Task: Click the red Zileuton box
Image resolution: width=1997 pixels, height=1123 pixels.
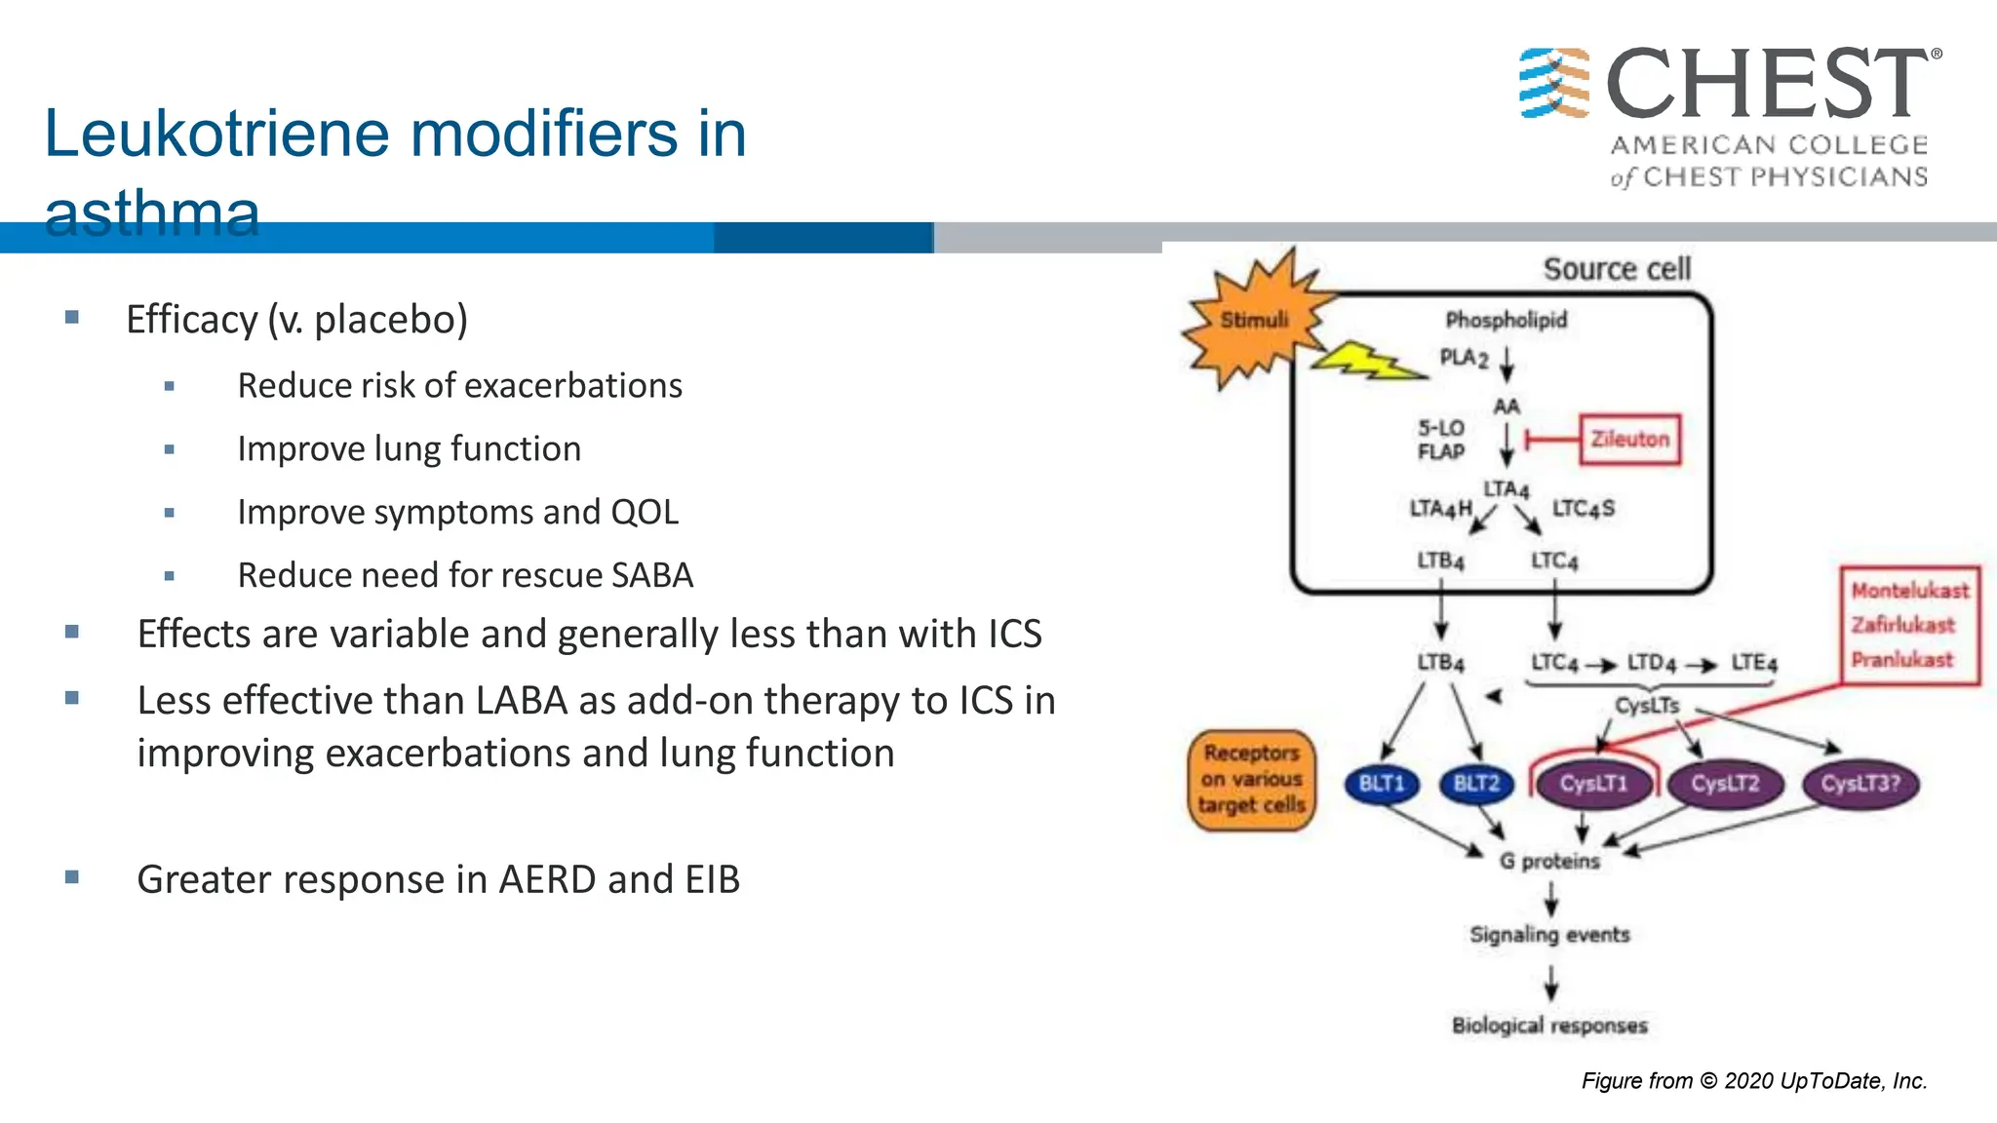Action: (x=1629, y=440)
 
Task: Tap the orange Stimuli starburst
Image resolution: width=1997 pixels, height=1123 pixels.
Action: (x=1253, y=320)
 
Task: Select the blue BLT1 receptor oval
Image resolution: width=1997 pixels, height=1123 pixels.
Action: (x=1381, y=784)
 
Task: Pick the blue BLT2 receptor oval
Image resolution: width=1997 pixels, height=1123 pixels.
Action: (x=1476, y=784)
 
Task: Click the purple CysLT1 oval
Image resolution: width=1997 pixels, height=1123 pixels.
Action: (x=1593, y=784)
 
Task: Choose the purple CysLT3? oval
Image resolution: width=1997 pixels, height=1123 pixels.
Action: (x=1860, y=784)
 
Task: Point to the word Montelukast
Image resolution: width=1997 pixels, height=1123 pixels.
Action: (x=1909, y=591)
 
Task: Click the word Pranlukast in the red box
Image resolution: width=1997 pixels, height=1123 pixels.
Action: (x=1901, y=660)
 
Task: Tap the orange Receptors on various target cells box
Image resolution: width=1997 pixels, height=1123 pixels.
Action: (x=1252, y=780)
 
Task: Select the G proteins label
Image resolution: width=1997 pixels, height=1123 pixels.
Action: (x=1549, y=861)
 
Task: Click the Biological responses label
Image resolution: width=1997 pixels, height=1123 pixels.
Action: (x=1549, y=1026)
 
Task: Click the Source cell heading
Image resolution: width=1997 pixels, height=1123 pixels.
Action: (x=1617, y=269)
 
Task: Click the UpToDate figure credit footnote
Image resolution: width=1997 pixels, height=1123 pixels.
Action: (x=1753, y=1080)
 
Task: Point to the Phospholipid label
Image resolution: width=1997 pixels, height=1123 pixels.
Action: (x=1506, y=320)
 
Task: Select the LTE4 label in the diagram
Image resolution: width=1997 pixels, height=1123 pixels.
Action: (x=1753, y=663)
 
